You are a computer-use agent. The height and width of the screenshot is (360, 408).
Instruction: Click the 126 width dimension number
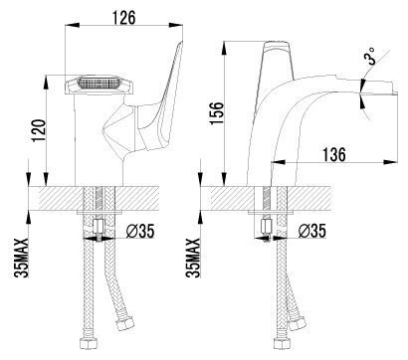123,17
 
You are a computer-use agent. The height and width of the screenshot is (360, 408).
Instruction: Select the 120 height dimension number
39,130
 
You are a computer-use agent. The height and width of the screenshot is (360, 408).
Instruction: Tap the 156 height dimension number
217,113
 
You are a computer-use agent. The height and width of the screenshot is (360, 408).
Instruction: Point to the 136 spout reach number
334,154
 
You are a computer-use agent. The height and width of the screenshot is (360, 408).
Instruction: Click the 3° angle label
370,56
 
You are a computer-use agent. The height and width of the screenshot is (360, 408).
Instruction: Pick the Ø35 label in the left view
140,231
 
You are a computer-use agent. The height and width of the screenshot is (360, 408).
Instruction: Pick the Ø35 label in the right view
312,231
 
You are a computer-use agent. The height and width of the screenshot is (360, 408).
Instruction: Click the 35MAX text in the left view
22,258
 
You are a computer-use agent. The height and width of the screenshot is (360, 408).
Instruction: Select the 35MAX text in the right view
193,258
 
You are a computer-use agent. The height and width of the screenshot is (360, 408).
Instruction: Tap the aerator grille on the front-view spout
99,83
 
